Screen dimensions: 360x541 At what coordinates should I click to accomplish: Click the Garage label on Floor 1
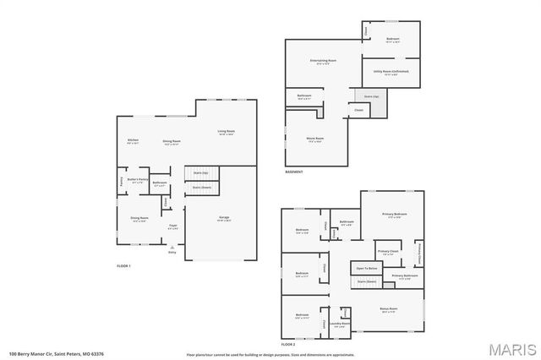tap(225, 218)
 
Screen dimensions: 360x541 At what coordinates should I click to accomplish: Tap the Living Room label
tap(226, 131)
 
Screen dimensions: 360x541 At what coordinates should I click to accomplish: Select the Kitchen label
tap(133, 139)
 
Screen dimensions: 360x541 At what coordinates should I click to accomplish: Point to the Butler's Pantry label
tap(138, 179)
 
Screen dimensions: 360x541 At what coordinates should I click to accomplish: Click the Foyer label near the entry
tap(172, 226)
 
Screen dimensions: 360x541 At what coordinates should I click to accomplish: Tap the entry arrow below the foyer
tap(172, 246)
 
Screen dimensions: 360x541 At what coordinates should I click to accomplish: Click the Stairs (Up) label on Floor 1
tap(201, 172)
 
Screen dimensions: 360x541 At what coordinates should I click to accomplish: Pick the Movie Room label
tap(315, 139)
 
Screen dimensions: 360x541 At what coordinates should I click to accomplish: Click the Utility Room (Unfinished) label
tap(391, 72)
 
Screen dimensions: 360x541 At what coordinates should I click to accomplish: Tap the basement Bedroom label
tap(393, 39)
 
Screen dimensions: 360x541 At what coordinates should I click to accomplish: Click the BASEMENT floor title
tap(295, 172)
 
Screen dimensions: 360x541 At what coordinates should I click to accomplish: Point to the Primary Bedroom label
tap(394, 215)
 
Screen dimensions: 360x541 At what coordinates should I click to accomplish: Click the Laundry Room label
tap(340, 324)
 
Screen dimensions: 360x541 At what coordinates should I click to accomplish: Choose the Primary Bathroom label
tap(405, 276)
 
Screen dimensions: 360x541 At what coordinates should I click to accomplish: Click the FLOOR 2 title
tap(289, 345)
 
